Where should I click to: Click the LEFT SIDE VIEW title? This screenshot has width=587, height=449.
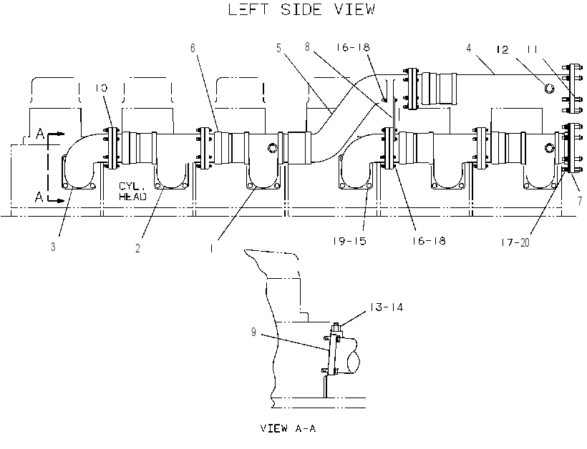pos(301,10)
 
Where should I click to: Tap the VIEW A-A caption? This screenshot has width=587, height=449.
pos(288,428)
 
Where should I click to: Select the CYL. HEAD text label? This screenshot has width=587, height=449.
pos(133,191)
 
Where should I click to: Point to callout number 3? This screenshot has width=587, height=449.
pos(53,247)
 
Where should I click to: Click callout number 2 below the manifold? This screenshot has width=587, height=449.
pos(137,248)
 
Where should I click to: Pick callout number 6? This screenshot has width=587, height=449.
pos(193,48)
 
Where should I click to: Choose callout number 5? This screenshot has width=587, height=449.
pos(278,48)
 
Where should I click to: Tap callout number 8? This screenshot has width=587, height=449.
pos(307,47)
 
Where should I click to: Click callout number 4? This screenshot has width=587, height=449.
pos(469,48)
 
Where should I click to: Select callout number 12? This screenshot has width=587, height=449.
pos(503,50)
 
